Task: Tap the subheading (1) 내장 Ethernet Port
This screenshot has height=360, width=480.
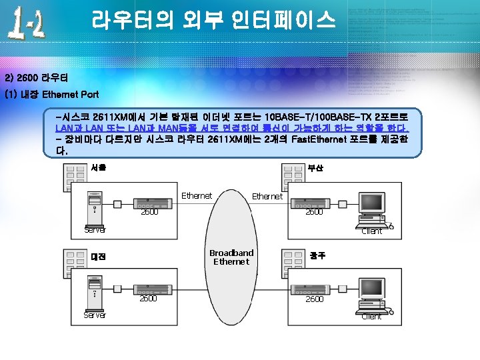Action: click(52, 95)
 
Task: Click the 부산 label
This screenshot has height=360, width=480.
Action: click(315, 169)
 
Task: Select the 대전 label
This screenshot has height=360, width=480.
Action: click(98, 257)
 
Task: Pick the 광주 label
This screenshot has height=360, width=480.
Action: click(317, 255)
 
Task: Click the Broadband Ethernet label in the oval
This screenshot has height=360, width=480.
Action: click(231, 257)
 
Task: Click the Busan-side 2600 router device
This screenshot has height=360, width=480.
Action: click(314, 201)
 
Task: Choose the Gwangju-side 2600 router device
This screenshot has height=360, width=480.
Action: click(314, 289)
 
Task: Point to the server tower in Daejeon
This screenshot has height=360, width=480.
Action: click(95, 293)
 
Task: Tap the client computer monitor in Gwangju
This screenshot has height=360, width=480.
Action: click(377, 291)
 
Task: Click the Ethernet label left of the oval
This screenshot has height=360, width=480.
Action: click(197, 196)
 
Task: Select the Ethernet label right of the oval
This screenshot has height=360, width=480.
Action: click(267, 197)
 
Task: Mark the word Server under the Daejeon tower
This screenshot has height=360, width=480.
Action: click(95, 315)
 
